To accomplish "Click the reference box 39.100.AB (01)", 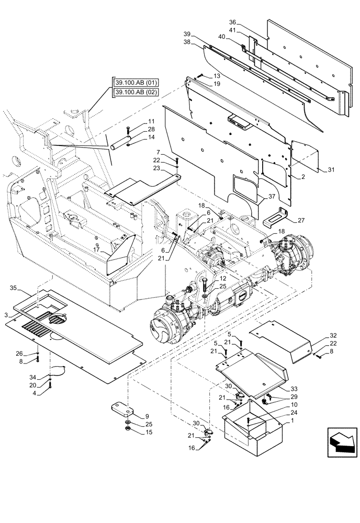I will pos(136,83).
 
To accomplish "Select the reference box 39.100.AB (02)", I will pos(136,93).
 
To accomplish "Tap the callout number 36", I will pos(233,22).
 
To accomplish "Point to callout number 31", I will pos(331,170).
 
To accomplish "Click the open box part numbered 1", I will pos(253,425).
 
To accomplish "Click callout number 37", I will pos(272,197).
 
